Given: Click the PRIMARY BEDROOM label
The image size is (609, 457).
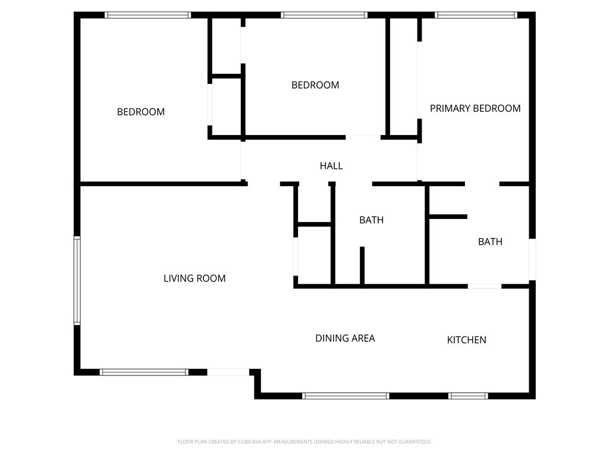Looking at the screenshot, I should tap(475, 108).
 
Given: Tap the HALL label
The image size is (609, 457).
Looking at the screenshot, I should tap(331, 166).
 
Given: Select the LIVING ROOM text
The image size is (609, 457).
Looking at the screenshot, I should tap(194, 278).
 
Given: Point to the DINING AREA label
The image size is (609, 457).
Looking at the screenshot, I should tap(345, 338).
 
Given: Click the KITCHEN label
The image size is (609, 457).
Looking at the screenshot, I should tap(467, 340).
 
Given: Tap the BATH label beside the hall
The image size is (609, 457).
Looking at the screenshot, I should tap(371, 220).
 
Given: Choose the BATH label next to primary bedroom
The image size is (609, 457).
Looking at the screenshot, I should tap(490, 242).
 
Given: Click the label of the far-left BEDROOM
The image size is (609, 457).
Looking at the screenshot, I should tap(140, 112).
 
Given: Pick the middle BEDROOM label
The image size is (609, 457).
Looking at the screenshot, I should tap(315, 85).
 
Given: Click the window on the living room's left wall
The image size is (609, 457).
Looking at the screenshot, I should tap(77, 280).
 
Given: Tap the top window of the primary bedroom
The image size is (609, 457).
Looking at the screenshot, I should tap(476, 15).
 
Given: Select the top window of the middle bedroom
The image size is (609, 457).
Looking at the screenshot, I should tap(324, 15).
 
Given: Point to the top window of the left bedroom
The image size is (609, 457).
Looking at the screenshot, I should tap(148, 15).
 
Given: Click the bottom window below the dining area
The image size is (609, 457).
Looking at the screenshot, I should tap(346, 396).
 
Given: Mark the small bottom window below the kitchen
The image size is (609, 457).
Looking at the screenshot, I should tap(468, 396).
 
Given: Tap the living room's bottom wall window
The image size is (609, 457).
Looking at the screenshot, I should tap(144, 373).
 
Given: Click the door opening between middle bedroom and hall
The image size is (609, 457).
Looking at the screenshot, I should tap(363, 137).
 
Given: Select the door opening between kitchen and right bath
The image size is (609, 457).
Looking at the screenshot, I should tap(484, 286).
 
